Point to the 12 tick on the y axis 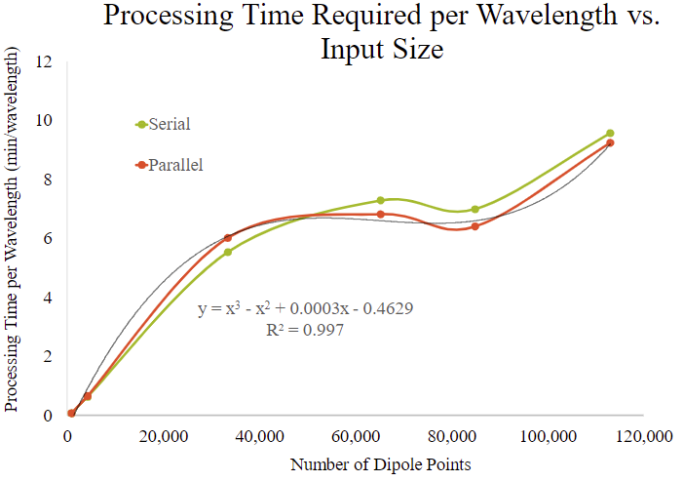point(44,61)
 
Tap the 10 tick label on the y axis point(44,121)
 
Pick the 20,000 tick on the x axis point(163,436)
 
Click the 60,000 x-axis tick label point(356,436)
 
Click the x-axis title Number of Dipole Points point(380,464)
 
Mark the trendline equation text point(306,310)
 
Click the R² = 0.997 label point(304,331)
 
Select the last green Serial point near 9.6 point(610,133)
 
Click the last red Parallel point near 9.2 point(610,142)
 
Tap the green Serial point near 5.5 point(228,252)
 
